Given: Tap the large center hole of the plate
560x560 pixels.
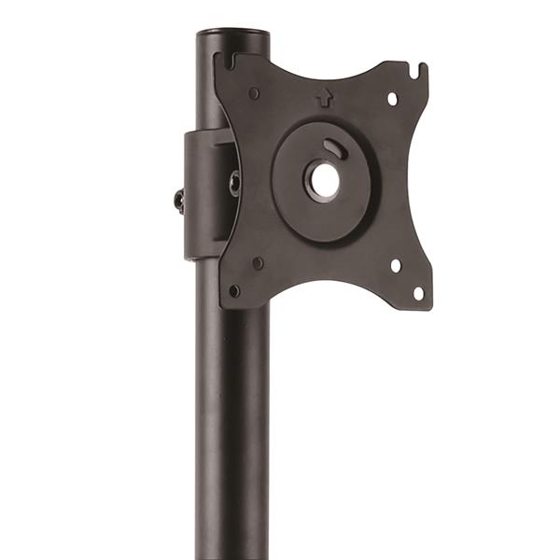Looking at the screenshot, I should (x=324, y=181).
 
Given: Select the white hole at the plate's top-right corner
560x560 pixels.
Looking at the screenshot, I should (x=392, y=97).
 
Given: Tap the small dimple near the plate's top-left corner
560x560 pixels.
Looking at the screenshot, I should (x=254, y=92).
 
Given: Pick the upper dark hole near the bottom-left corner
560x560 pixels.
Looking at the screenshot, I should (x=258, y=263).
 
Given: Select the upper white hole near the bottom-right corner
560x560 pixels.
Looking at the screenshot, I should (x=395, y=266).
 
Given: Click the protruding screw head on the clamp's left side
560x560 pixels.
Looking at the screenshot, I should (x=178, y=199).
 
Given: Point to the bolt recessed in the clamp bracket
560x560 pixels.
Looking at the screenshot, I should (x=234, y=183).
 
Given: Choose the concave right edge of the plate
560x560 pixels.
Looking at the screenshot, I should (x=415, y=182).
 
